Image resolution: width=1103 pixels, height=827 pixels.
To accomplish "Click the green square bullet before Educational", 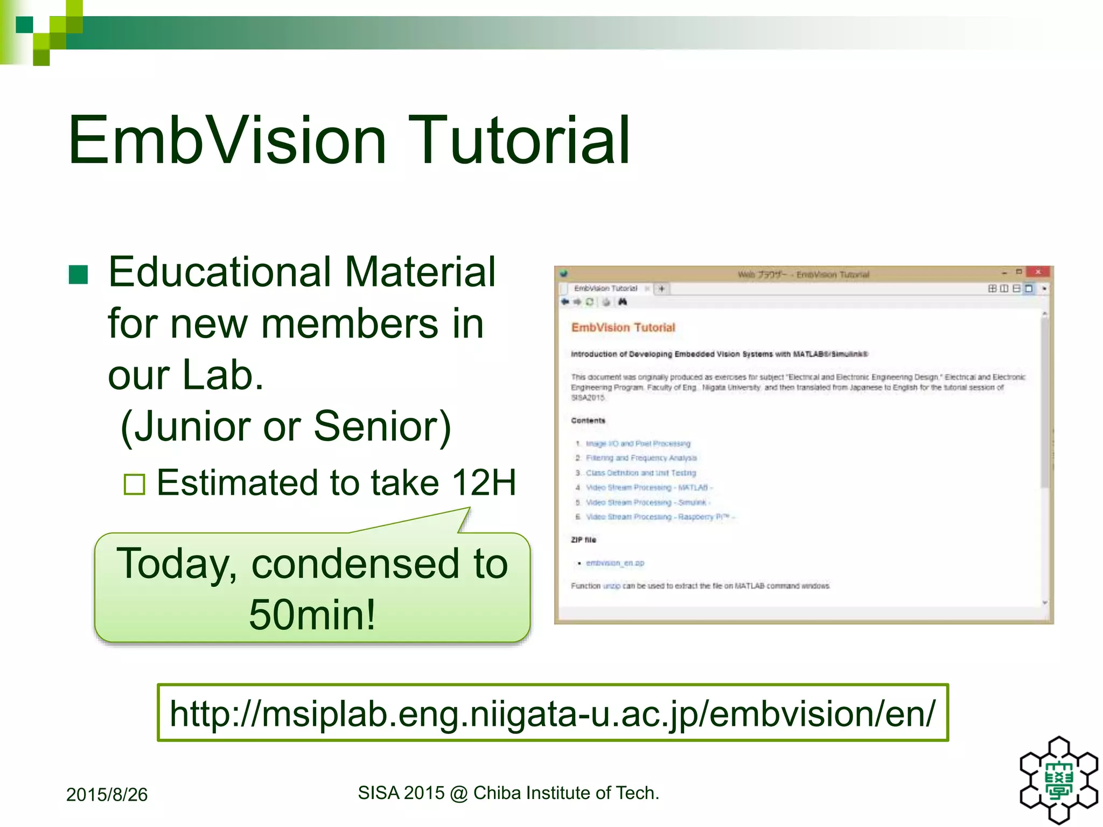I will point(79,275).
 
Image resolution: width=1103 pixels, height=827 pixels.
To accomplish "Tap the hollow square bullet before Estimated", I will point(134,484).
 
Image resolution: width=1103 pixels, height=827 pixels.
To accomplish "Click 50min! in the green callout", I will point(312,614).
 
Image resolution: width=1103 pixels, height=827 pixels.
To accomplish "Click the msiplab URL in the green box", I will point(553,713).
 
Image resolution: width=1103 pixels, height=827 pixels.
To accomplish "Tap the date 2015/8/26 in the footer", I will point(107,795).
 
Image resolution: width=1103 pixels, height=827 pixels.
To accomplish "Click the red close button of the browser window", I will point(1037,272).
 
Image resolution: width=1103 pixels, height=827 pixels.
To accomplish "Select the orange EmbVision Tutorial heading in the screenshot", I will point(623,327).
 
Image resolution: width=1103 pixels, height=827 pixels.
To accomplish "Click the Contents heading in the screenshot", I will point(588,420).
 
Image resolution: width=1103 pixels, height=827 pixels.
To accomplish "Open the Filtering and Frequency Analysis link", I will point(641,458).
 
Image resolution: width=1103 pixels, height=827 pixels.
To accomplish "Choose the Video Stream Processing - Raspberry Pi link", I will point(659,517).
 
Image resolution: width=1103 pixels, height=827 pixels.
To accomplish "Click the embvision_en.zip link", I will point(615,563).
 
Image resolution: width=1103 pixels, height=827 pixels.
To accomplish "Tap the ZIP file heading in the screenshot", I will point(583,539).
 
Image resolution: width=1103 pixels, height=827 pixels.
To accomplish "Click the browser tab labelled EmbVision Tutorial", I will point(605,289).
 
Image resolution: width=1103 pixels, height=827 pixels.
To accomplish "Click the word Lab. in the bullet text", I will point(223,375).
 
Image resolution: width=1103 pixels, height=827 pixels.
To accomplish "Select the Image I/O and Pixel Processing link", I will point(638,444).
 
